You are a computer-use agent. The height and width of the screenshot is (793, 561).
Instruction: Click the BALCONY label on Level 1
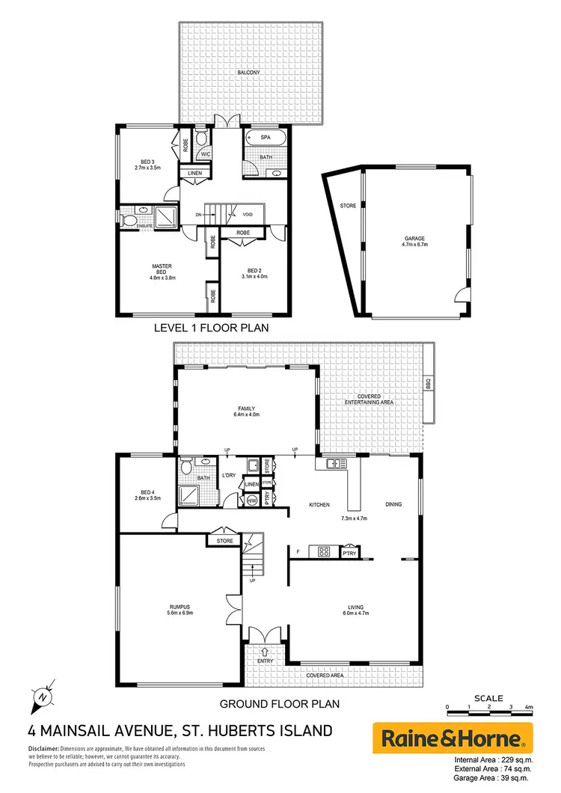tap(249, 73)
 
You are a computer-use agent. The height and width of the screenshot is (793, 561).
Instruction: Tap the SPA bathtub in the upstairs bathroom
tap(266, 138)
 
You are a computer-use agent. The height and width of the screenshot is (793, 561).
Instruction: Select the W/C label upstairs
tap(203, 155)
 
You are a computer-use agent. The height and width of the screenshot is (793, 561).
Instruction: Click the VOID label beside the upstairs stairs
tap(247, 215)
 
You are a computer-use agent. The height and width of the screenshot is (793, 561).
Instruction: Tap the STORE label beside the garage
tap(347, 205)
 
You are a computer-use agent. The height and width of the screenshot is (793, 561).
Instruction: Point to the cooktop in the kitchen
tap(325, 552)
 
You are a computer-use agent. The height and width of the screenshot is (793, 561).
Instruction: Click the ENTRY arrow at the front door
tap(266, 652)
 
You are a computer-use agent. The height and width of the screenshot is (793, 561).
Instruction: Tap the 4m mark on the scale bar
tap(529, 706)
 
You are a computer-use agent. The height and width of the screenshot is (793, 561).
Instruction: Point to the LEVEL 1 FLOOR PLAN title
tap(211, 328)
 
